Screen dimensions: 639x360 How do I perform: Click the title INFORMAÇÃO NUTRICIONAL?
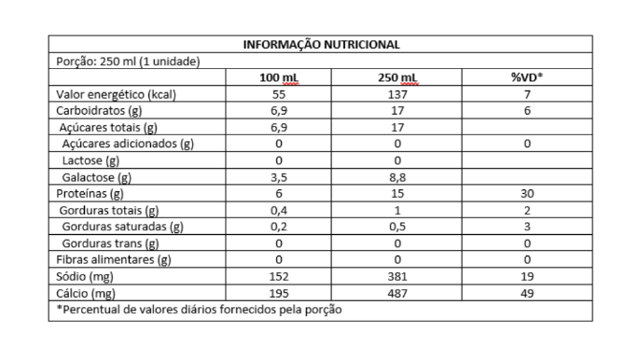[321, 44]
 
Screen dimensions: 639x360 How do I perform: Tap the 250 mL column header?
[397, 77]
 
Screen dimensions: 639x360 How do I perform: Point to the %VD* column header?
[527, 77]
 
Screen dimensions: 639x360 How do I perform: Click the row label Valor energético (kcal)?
[118, 94]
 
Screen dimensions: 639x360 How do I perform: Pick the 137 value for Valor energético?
[397, 94]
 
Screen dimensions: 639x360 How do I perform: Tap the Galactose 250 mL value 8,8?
[397, 177]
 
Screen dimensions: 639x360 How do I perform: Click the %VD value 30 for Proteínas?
[527, 194]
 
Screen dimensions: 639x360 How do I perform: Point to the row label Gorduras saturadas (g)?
[121, 227]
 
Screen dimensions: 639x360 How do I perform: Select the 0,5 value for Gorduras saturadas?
[397, 227]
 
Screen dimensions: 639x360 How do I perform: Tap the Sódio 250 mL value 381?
[397, 276]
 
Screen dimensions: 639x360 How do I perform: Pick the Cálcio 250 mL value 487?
[397, 293]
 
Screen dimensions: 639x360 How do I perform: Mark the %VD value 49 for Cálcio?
[527, 293]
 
